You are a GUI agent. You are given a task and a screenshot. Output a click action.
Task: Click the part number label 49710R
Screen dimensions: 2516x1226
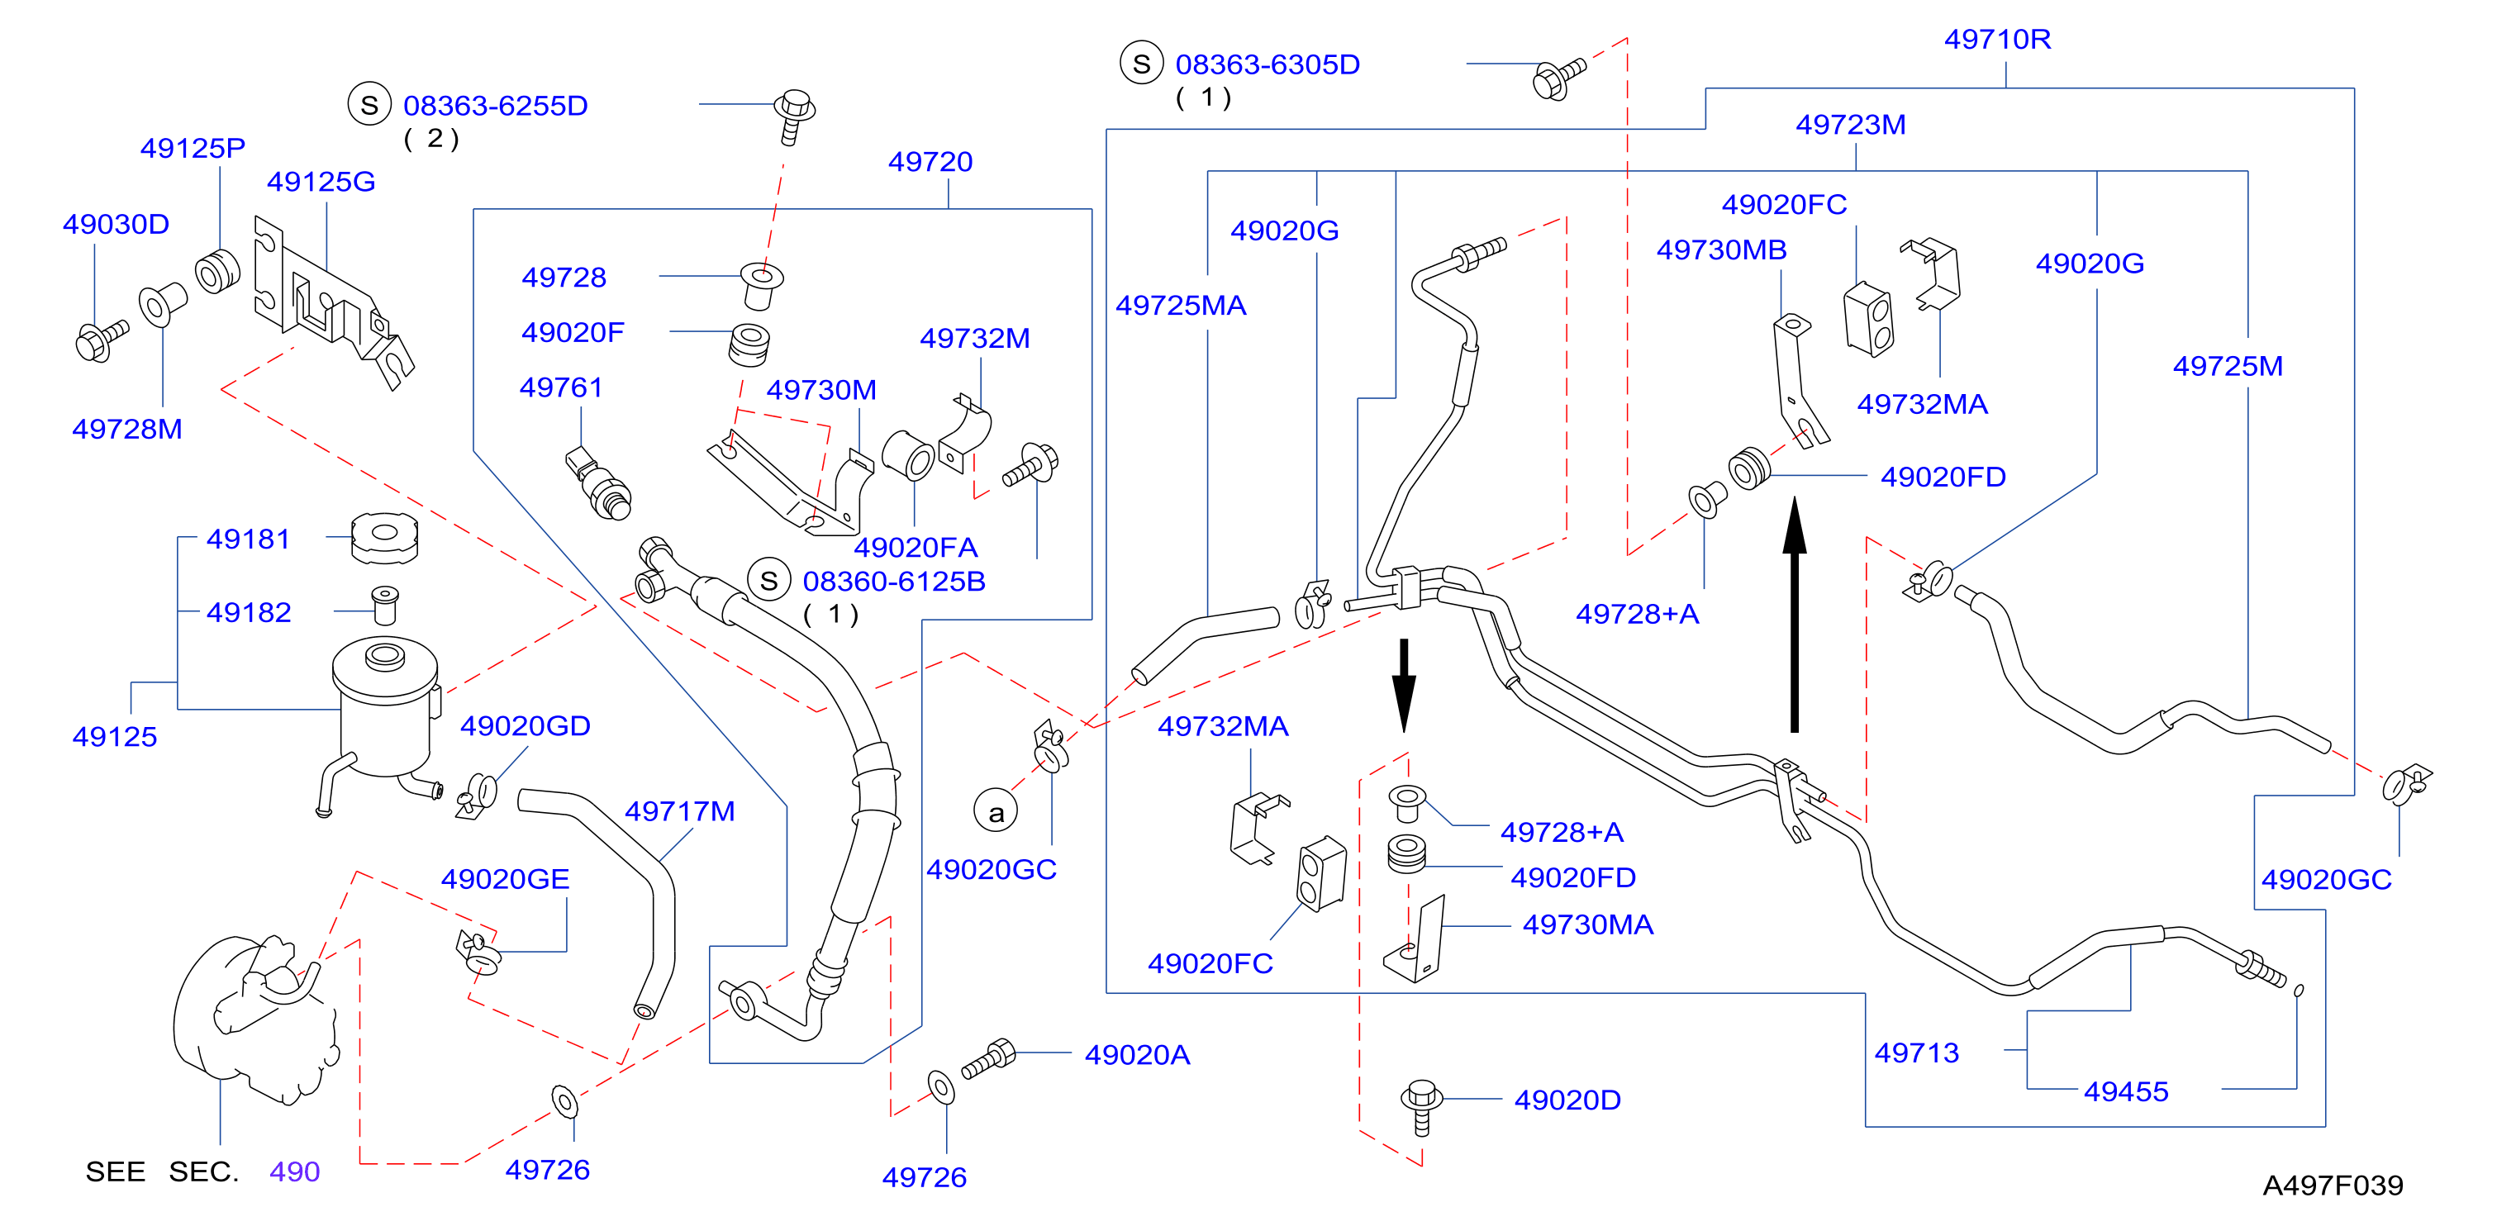[1997, 39]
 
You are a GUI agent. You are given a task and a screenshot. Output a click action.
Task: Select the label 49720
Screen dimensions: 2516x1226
[930, 161]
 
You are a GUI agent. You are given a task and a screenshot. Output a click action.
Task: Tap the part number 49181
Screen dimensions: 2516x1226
[248, 539]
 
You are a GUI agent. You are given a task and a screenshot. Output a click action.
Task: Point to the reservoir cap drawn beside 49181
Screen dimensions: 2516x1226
[385, 539]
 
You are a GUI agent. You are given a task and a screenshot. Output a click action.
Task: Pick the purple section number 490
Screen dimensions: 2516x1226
[295, 1171]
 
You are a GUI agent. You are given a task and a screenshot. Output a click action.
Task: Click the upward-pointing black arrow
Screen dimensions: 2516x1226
[1794, 615]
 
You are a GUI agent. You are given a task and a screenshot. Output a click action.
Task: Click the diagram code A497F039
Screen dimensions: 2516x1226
[2333, 1185]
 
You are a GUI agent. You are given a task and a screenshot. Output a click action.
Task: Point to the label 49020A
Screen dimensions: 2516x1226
[1137, 1055]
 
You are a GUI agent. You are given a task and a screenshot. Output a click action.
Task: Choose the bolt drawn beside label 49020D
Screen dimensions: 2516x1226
[1422, 1108]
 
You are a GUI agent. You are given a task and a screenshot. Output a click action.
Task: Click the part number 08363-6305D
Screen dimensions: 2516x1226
[1267, 64]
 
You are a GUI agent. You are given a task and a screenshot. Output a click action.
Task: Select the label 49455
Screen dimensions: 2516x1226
[2125, 1091]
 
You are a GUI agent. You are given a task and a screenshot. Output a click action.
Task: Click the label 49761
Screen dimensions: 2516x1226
[561, 387]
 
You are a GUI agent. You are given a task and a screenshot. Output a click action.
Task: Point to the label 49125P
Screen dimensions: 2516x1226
[193, 149]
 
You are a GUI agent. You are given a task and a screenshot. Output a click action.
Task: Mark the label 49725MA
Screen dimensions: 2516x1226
[1181, 306]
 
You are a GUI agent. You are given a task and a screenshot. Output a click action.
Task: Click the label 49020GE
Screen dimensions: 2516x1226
[505, 879]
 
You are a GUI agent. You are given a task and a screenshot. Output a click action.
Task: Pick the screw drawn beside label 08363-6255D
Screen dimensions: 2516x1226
[794, 116]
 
